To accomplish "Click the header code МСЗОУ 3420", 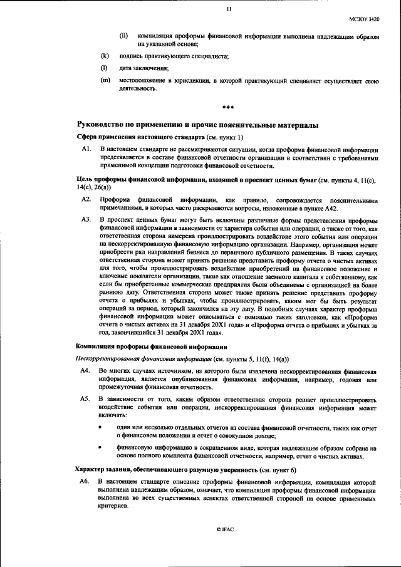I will (365, 19).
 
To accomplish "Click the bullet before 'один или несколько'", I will (102, 427).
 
